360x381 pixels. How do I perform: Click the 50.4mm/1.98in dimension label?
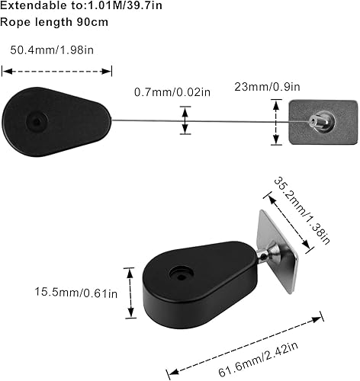coord(52,50)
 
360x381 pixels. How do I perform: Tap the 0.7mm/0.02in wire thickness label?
coord(172,92)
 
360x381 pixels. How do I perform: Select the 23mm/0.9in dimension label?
coord(267,87)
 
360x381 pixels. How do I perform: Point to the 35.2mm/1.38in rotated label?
coord(302,210)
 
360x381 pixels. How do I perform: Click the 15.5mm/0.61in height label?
coord(76,292)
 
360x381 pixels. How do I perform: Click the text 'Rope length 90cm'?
coord(54,22)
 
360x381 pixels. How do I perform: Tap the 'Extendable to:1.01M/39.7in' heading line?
coord(81,5)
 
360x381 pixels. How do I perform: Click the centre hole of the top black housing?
coord(37,121)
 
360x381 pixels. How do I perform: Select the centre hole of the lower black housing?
coord(182,275)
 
